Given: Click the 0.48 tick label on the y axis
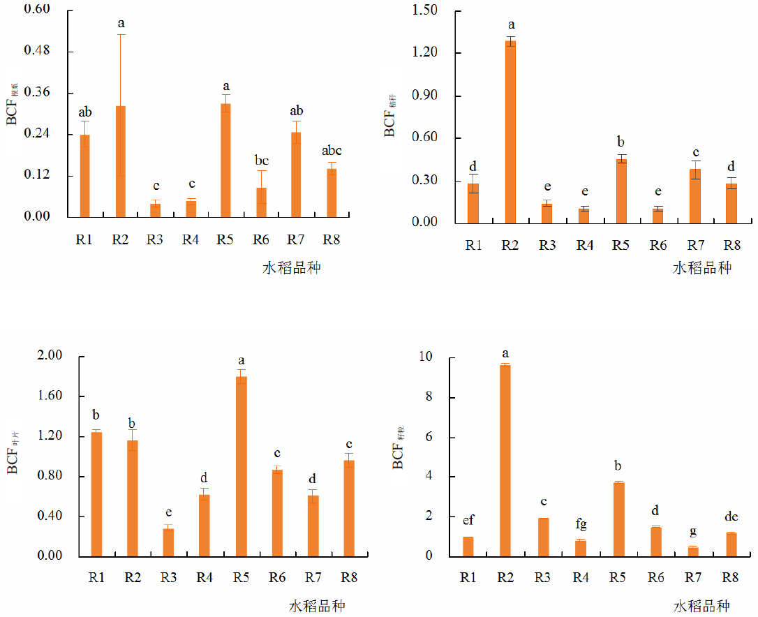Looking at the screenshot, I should pos(40,52).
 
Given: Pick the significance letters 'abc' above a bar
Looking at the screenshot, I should pos(332,151).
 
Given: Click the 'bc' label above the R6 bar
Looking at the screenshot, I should pos(261,160).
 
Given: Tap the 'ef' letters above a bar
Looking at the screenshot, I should pos(468,521).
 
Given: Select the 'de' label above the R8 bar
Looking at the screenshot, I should pos(730,516).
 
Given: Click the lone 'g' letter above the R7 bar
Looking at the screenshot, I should pos(694,531).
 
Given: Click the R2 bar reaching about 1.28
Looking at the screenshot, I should pos(511,132).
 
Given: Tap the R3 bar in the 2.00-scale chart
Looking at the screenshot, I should pos(168,542).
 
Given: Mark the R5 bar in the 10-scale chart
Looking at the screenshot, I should pos(618,519).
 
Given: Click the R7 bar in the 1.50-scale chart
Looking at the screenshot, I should pos(694,196).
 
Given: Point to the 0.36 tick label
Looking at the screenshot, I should pos(40,93).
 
